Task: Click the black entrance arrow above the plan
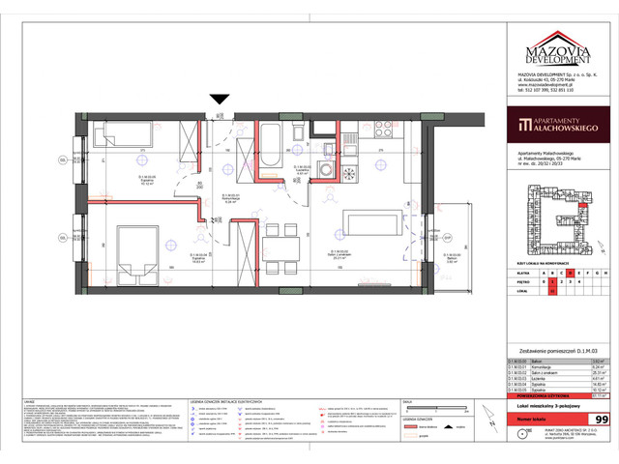(x=220, y=98)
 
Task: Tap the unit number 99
(x=601, y=420)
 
